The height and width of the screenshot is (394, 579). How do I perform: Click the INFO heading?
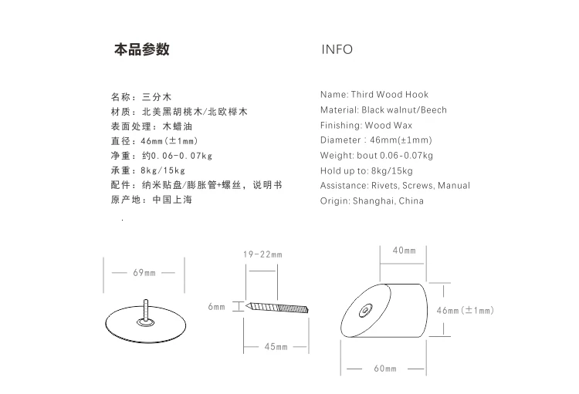click(x=337, y=49)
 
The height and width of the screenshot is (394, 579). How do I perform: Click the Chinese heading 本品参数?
click(x=142, y=49)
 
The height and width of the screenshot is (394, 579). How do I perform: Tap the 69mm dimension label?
click(x=144, y=273)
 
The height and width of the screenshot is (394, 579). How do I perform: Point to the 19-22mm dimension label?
click(x=262, y=254)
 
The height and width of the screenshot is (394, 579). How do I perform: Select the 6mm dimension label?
click(x=216, y=307)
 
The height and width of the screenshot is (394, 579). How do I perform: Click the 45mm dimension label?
click(x=276, y=347)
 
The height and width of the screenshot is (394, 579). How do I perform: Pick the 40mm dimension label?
click(x=404, y=251)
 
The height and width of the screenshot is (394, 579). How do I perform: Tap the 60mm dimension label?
click(x=385, y=369)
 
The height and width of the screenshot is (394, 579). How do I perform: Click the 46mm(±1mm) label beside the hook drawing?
click(x=466, y=310)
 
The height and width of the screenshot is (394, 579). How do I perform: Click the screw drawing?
click(x=277, y=308)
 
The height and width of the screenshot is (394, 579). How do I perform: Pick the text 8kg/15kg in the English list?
click(x=391, y=171)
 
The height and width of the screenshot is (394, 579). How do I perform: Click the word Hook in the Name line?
click(x=417, y=94)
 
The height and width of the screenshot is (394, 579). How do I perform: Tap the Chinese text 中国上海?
click(x=172, y=200)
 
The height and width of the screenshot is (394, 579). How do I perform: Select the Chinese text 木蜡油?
click(x=178, y=126)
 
